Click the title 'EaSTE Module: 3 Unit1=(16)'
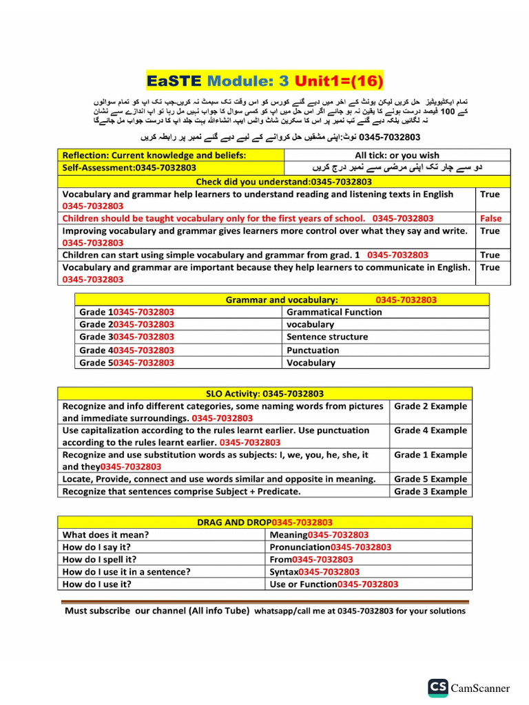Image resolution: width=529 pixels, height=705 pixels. (x=264, y=81)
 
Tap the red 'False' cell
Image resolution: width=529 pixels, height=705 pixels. (x=490, y=218)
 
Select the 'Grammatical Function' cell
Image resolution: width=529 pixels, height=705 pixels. (x=334, y=312)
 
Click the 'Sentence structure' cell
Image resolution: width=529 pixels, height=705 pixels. (x=327, y=337)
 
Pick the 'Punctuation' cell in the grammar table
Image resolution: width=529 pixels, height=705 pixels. (x=313, y=350)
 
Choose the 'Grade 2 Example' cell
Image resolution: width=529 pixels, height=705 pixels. (x=431, y=406)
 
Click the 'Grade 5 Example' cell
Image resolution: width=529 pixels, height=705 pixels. (x=431, y=478)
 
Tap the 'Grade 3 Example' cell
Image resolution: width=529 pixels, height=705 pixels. (x=431, y=492)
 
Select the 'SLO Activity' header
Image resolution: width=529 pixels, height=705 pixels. (x=265, y=394)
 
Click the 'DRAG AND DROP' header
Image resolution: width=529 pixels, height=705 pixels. (x=265, y=523)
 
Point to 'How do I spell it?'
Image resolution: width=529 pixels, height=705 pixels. (x=99, y=559)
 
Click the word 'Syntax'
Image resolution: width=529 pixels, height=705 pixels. (x=284, y=571)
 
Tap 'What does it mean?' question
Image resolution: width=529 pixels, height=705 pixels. (x=105, y=534)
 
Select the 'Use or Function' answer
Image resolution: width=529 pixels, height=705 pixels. (x=303, y=584)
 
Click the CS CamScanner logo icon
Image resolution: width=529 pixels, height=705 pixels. (x=438, y=687)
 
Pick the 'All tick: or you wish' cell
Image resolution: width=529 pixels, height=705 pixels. (x=397, y=156)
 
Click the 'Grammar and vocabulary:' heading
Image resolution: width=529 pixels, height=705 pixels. (x=282, y=299)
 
